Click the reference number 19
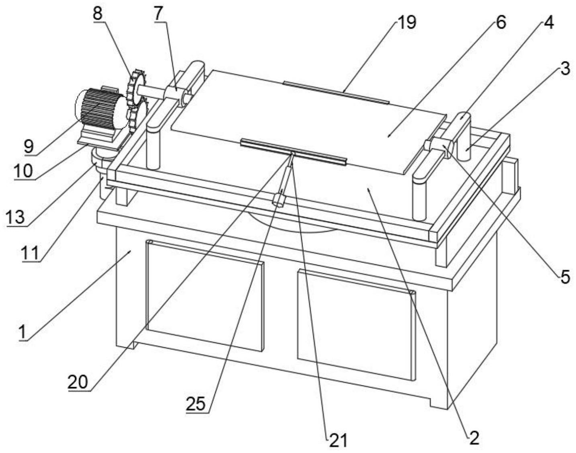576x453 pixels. [406, 23]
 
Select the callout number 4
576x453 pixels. [549, 23]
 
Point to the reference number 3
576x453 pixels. [565, 69]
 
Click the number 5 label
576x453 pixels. [565, 277]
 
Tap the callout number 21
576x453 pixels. [338, 441]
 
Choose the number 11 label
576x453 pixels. [31, 253]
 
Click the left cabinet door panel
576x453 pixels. [205, 295]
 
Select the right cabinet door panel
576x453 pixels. [355, 324]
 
